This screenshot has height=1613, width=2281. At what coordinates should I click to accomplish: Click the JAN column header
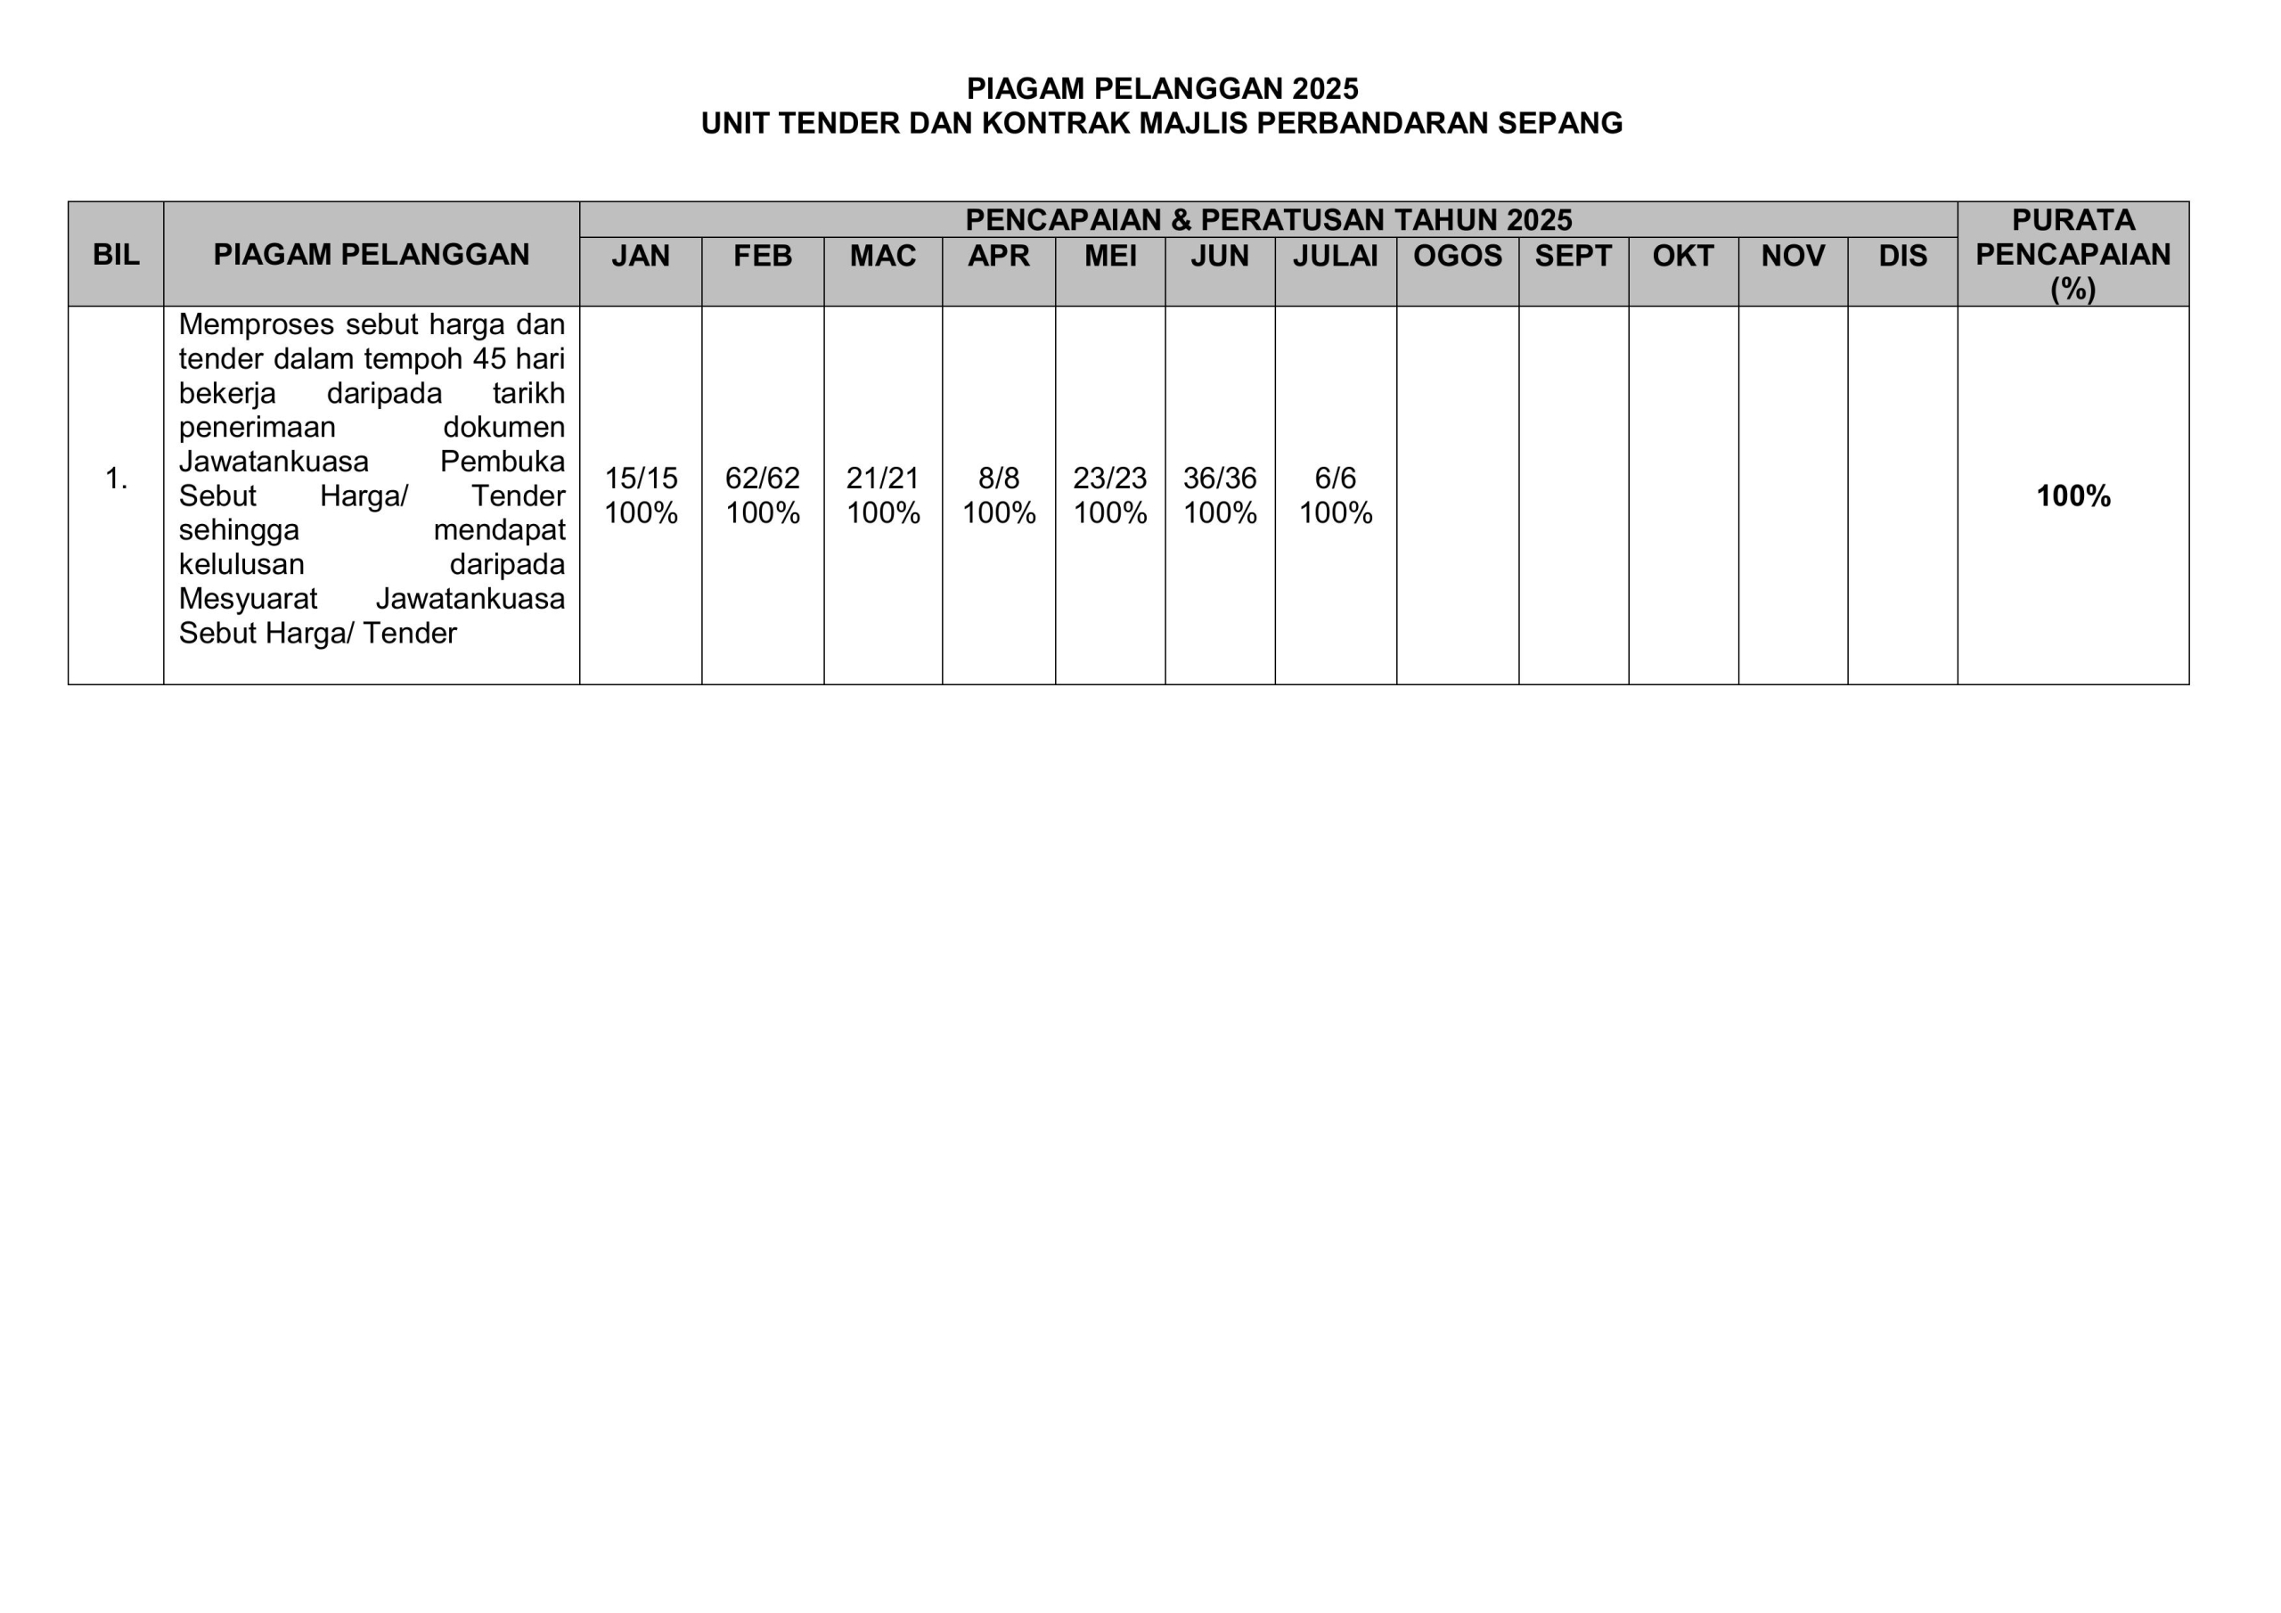coord(641,257)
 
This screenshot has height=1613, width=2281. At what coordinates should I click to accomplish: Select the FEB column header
coord(762,257)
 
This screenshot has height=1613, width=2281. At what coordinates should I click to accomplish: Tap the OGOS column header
coord(1458,257)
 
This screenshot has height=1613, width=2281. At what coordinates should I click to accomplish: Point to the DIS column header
coord(1902,257)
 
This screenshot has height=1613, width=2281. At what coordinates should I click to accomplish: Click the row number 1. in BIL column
coord(116,479)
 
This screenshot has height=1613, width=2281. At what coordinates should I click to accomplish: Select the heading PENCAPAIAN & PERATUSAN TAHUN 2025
coord(1268,219)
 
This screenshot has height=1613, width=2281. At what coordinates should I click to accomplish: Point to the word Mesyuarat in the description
coord(248,599)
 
